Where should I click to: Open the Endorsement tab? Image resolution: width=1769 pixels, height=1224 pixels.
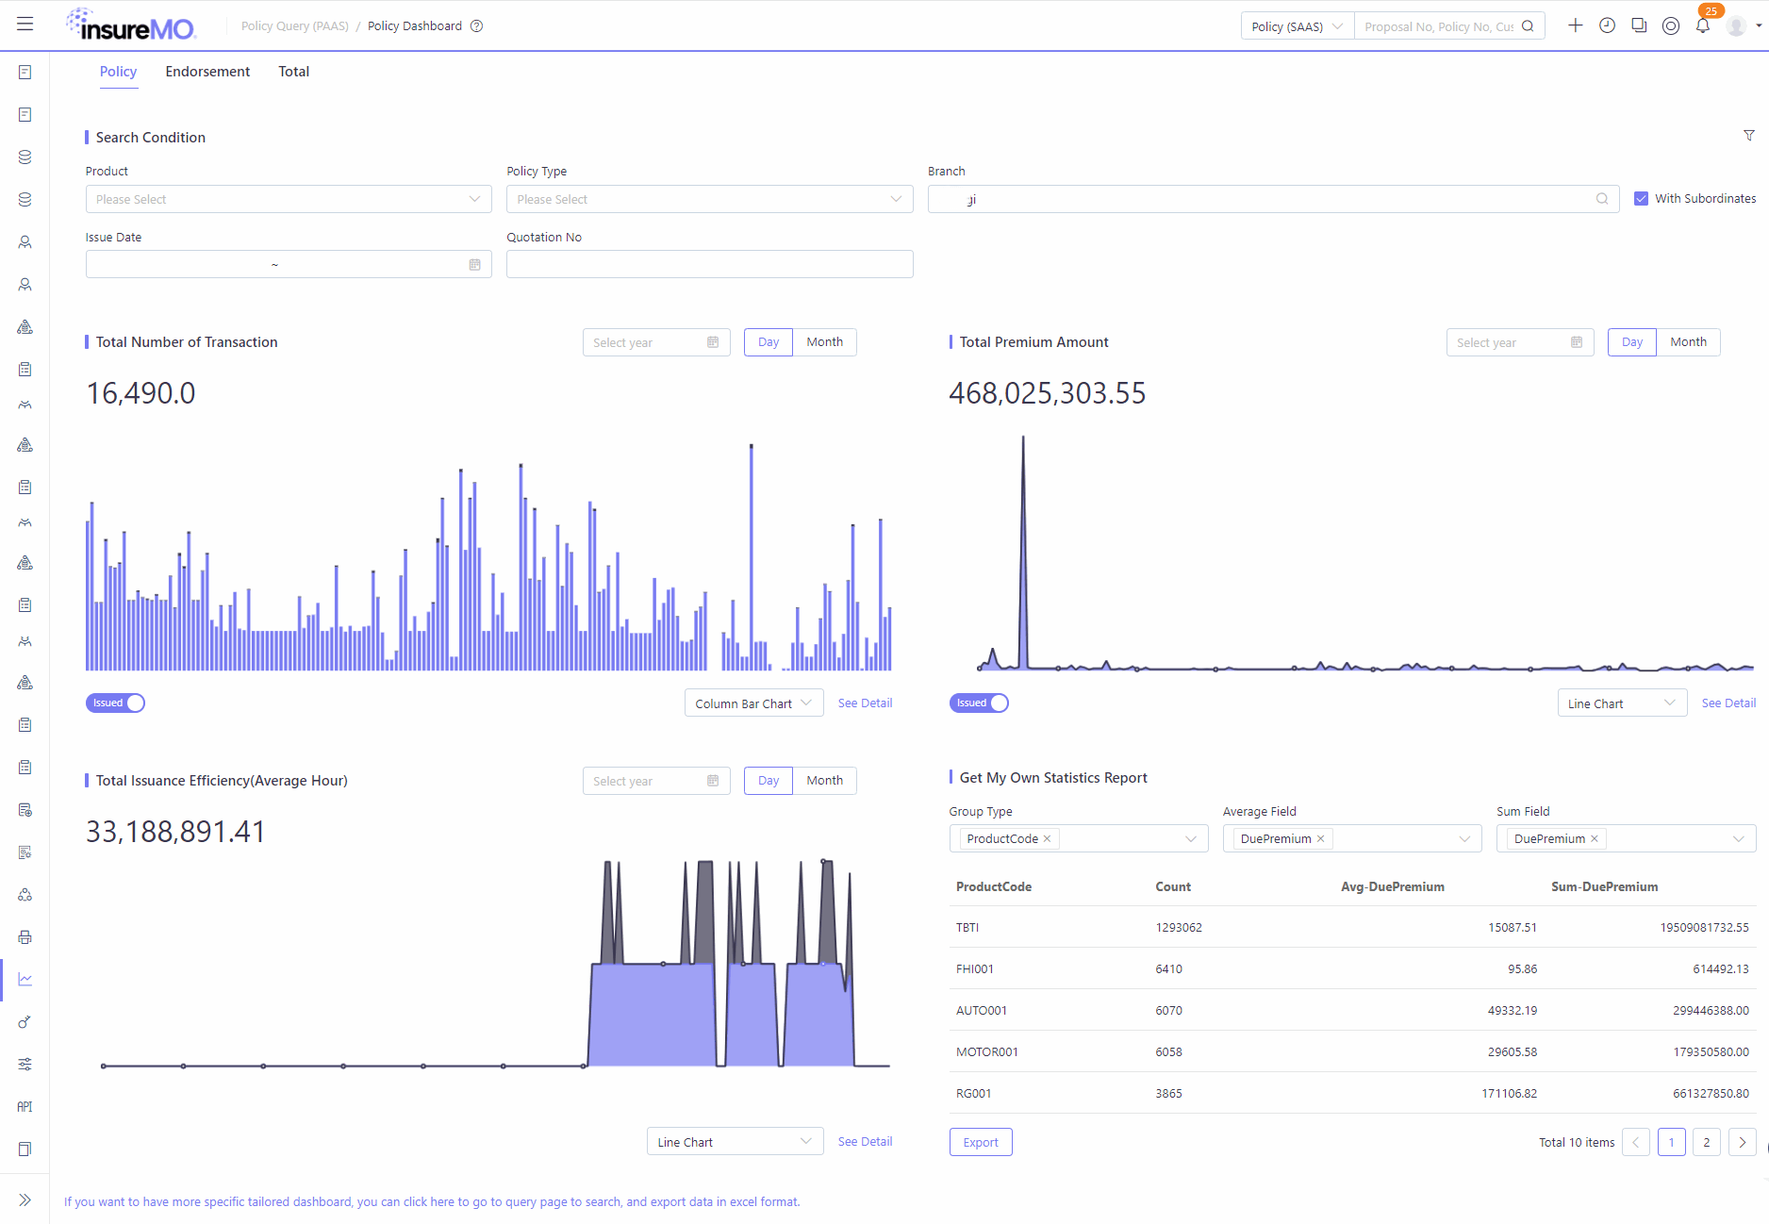click(x=207, y=72)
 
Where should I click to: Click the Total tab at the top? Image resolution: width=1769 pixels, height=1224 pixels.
click(x=293, y=72)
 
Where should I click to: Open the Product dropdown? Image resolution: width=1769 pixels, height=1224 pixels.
click(x=289, y=199)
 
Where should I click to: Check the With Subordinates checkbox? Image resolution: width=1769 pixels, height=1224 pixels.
click(x=1641, y=199)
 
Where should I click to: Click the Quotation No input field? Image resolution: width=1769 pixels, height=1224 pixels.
click(x=709, y=264)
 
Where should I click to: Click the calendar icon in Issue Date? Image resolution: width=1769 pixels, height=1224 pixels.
click(x=474, y=265)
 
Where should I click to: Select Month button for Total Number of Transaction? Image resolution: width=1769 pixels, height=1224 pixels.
click(x=824, y=342)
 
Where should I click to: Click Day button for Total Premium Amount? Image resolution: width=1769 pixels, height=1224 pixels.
click(x=1631, y=342)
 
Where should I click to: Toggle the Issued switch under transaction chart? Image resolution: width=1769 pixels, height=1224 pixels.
click(x=115, y=703)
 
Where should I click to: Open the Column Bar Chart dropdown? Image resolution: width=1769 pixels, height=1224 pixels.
click(x=753, y=703)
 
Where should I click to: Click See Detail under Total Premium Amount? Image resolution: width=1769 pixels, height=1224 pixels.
click(x=1728, y=703)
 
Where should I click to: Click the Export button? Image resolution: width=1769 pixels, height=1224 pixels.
click(x=981, y=1142)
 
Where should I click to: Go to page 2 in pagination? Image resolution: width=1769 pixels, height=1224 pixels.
click(x=1706, y=1142)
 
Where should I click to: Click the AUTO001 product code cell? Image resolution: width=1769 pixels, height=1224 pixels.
click(x=982, y=1010)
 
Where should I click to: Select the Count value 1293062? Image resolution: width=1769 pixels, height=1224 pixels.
click(x=1179, y=927)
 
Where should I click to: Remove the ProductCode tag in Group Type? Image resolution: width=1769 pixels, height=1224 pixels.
click(x=1047, y=838)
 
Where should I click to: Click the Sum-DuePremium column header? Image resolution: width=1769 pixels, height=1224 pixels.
click(x=1604, y=886)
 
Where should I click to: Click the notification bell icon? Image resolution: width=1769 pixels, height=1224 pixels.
click(x=1702, y=25)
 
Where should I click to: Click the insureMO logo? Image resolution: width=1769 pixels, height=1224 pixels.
click(x=131, y=25)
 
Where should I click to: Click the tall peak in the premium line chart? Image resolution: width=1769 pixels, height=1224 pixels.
click(x=1023, y=438)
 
